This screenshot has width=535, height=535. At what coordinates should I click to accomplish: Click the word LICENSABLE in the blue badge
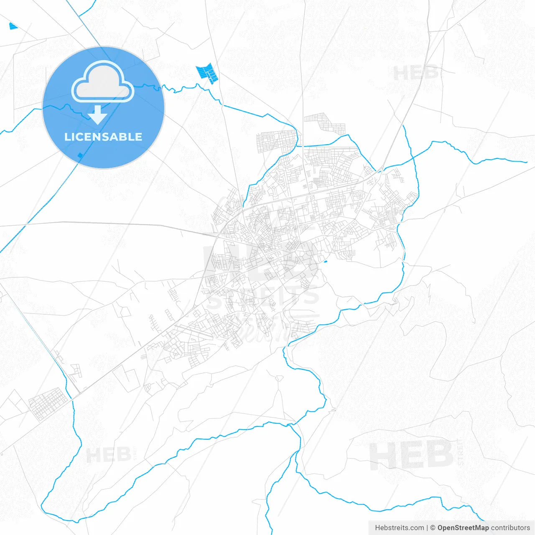click(103, 137)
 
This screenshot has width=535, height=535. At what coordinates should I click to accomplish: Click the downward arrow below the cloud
click(98, 115)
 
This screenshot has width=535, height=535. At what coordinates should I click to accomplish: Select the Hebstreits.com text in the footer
click(399, 528)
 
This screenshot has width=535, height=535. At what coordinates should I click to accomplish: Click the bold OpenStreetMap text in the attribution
click(463, 528)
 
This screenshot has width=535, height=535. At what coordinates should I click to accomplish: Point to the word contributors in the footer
click(510, 528)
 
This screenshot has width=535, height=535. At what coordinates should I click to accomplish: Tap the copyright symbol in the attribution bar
click(433, 528)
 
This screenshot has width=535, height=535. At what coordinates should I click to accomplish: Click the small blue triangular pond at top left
click(13, 26)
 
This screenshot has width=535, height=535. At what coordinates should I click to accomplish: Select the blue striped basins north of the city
click(207, 73)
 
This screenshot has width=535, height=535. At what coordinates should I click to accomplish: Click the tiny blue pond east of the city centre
click(325, 262)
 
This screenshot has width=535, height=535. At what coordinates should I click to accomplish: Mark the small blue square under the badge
click(80, 155)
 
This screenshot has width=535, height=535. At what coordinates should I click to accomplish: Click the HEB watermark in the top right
click(415, 74)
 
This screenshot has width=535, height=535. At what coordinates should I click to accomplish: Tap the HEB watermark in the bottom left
click(108, 455)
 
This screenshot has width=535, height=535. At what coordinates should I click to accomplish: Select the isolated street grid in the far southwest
click(48, 403)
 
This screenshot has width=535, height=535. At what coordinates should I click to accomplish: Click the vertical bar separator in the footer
click(427, 528)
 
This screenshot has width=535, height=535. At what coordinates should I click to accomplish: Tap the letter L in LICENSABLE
click(67, 137)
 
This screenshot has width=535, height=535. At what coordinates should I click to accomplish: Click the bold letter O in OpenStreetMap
click(441, 528)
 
